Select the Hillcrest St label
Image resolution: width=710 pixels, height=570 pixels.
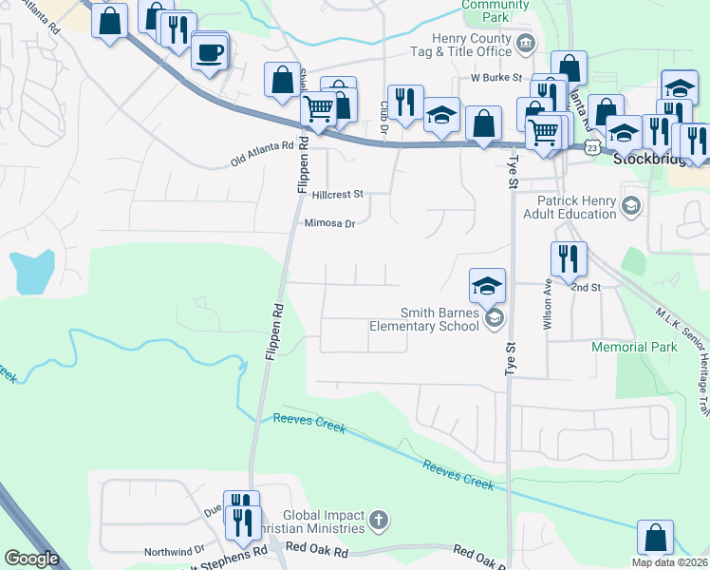coord(331,194)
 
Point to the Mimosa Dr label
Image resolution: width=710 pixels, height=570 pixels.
coord(329,224)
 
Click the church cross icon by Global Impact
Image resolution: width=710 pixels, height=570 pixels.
coord(378,520)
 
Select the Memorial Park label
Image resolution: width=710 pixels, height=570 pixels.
coord(634,347)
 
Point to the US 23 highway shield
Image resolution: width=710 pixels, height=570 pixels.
coord(592,148)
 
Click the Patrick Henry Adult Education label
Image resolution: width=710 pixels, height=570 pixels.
coord(576,207)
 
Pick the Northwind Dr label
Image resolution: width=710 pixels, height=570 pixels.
coord(174,551)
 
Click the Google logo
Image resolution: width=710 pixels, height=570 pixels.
coord(31,559)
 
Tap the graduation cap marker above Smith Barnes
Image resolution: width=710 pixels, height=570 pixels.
coord(488,285)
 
